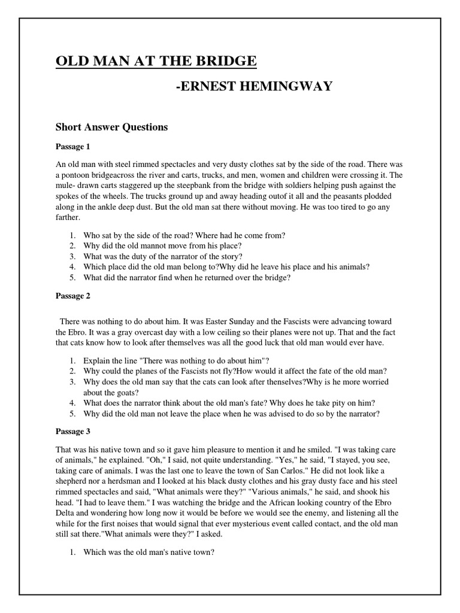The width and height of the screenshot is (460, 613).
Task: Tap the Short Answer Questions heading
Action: click(111, 128)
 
